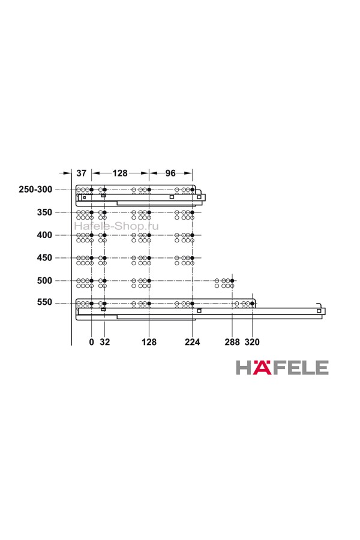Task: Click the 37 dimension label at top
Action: coord(82,173)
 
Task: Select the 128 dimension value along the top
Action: coord(120,173)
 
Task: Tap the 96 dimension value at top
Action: coord(170,173)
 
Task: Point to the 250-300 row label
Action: coord(35,190)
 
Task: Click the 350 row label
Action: coord(45,212)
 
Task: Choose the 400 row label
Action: coord(45,235)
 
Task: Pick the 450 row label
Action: coord(45,257)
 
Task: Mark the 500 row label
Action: coord(45,280)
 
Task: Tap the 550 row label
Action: coord(45,302)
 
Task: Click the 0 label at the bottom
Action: coord(91,342)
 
